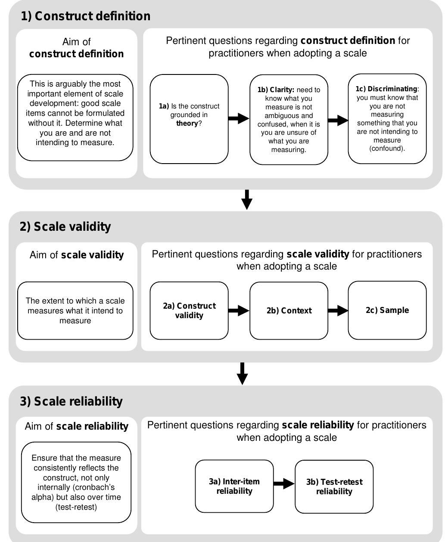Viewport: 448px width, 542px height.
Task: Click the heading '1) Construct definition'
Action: tap(86, 16)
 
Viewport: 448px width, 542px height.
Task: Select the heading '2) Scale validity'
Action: tap(65, 227)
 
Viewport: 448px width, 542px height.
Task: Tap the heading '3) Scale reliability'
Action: tap(72, 401)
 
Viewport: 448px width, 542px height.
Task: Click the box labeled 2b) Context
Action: tap(289, 311)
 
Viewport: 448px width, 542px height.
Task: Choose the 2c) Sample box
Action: tap(387, 310)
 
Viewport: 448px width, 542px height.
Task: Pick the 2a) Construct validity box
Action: tap(189, 310)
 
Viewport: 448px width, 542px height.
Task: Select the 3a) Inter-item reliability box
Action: tap(234, 486)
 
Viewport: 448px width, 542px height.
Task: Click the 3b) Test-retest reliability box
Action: tap(334, 486)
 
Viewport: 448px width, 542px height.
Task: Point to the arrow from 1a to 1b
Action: tap(239, 118)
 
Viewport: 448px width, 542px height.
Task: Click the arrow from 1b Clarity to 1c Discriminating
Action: tap(338, 120)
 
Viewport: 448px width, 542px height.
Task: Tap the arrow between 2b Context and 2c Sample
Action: tap(338, 310)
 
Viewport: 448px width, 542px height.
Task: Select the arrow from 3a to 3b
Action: tap(284, 484)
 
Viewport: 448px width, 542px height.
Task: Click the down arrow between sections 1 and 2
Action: tap(247, 199)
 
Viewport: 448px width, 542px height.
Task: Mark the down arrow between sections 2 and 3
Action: tap(243, 373)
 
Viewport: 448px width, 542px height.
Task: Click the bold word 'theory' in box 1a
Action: tap(187, 124)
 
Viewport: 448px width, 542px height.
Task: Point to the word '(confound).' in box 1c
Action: tap(387, 149)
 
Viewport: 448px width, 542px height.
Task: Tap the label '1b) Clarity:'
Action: tap(276, 90)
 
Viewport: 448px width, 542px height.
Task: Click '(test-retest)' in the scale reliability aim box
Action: tap(76, 507)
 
